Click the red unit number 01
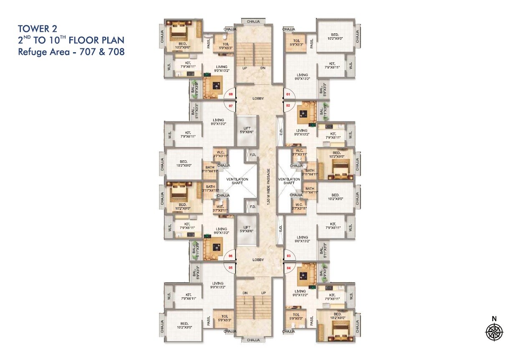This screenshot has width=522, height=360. pos(287,94)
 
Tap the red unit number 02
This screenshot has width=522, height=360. pos(287,106)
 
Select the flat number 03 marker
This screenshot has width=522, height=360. pos(288,256)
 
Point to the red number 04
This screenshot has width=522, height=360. pos(288,267)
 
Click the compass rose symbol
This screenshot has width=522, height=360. pos(494,332)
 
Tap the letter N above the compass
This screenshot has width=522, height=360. pos(494,319)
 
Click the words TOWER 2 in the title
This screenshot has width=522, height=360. pos(37,29)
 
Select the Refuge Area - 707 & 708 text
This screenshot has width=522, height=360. pos(71,52)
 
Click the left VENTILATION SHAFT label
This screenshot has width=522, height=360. pos(237,181)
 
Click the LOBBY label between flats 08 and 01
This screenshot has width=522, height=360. pos(258,99)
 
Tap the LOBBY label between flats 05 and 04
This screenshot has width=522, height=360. pos(258,260)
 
